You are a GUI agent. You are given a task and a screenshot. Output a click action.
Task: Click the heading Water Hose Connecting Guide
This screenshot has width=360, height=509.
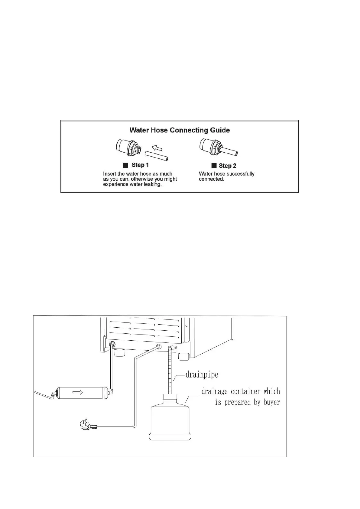[x=180, y=130]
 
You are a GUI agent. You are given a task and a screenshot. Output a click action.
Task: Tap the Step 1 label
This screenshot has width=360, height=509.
[x=140, y=165]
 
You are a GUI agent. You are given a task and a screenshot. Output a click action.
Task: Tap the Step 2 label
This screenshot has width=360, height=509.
[x=227, y=166]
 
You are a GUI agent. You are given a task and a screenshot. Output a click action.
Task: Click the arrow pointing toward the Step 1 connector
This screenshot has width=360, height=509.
[x=157, y=148]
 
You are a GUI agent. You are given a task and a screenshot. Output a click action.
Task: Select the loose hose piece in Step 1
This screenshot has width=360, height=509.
[x=157, y=156]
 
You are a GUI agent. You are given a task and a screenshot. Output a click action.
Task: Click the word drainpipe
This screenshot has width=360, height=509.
[x=202, y=375]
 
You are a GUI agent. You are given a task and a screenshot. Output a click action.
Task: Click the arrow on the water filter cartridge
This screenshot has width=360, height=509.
[x=78, y=392]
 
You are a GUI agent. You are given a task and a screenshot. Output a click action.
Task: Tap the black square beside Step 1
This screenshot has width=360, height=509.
[x=125, y=165]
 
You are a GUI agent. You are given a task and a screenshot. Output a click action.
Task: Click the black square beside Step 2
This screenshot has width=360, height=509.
[x=214, y=166]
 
